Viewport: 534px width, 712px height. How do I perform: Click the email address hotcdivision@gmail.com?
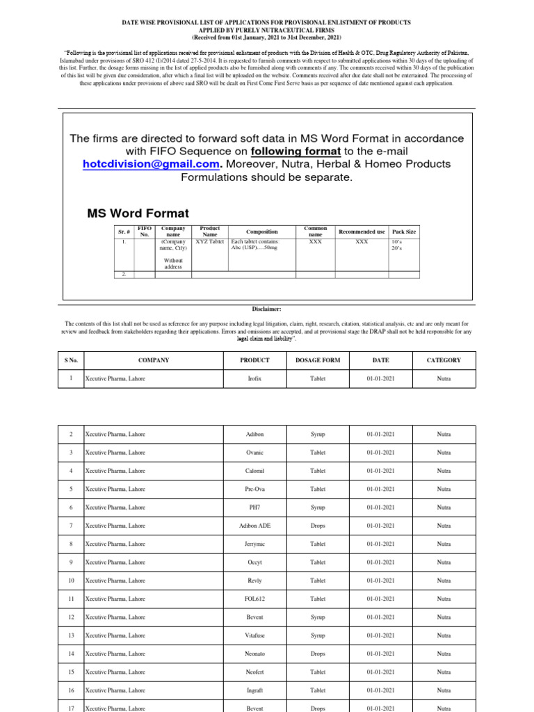click(151, 164)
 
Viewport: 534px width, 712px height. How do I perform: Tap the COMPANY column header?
click(154, 360)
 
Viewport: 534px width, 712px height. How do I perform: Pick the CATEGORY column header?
click(443, 360)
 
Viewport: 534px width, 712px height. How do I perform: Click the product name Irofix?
click(255, 379)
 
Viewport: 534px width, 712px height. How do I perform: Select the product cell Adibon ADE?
click(255, 526)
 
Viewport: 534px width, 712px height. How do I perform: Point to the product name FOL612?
click(255, 599)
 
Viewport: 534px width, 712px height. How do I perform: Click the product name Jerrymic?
click(255, 544)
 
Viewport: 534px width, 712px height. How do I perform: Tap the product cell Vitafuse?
click(255, 636)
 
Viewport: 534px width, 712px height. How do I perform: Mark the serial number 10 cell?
click(71, 581)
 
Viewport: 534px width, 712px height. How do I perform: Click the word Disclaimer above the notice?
click(267, 309)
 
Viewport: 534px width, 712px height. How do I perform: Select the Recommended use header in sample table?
click(361, 232)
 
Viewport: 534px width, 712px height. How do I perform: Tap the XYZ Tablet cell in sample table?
click(209, 242)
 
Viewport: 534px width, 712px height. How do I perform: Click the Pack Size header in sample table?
click(404, 232)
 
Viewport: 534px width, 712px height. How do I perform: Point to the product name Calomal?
click(255, 471)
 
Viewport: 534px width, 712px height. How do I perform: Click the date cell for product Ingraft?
click(380, 690)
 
